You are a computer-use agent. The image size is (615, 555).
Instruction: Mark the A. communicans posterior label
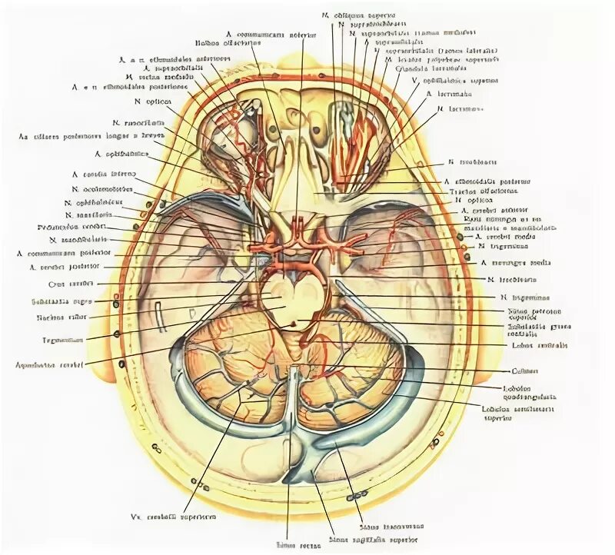tap(64, 252)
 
